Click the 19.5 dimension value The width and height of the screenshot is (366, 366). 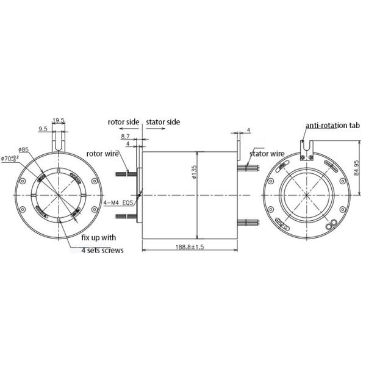coord(59,120)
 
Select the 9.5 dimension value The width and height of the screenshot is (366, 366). coord(44,129)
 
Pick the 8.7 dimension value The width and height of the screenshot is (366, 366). coord(125,137)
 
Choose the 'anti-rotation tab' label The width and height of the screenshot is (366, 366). coord(332,125)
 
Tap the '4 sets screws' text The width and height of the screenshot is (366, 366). coord(102,250)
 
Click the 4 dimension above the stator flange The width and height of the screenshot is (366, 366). coord(249,130)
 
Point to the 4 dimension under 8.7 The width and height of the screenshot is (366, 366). coord(127,145)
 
